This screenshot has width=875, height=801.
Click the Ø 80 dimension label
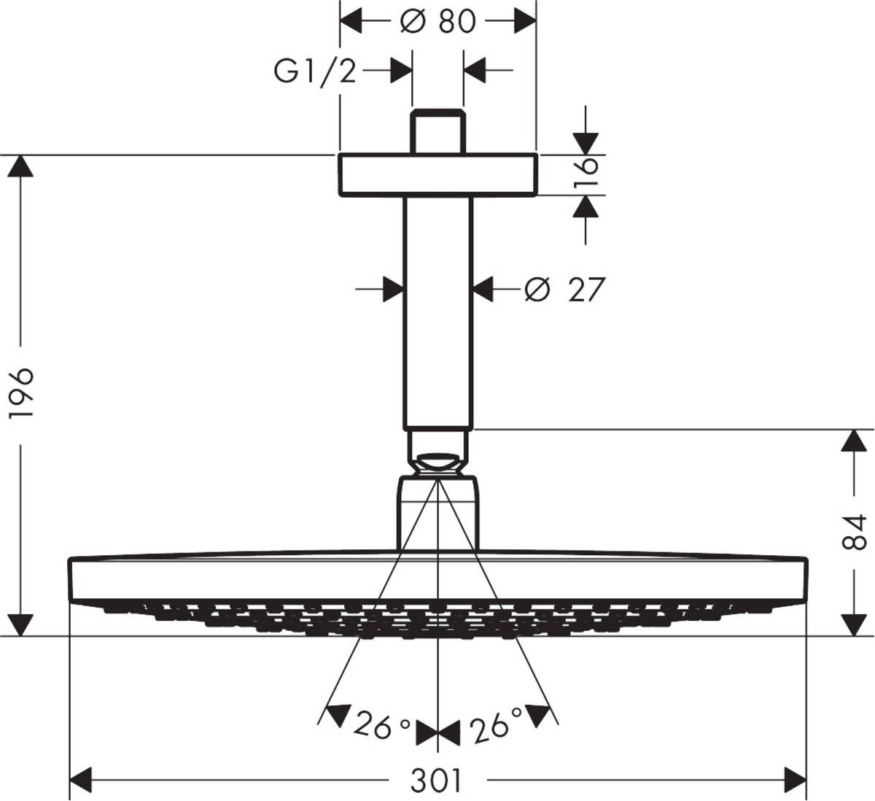pos(437,21)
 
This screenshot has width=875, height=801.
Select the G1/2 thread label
pos(315,71)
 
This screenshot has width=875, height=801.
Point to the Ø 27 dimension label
pos(565,290)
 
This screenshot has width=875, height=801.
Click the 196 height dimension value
pos(22,394)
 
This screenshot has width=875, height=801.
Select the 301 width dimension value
pos(437,781)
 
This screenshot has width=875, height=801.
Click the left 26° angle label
pos(382,726)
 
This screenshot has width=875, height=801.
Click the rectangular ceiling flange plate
pos(437,175)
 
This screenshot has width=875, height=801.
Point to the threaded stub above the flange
pos(437,132)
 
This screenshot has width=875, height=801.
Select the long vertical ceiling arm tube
pos(437,314)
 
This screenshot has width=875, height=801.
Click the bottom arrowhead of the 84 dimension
pos(854,624)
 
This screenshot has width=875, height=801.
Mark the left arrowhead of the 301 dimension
pos(80,779)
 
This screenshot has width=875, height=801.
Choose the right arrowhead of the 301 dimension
pos(795,779)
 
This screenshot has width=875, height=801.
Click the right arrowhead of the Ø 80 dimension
pos(524,21)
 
